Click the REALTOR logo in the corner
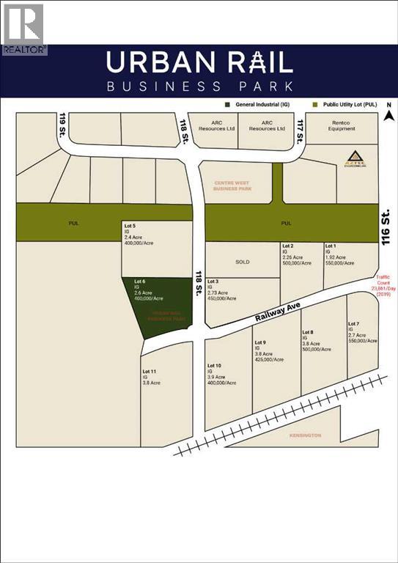tap(23, 28)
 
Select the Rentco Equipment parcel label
tap(342, 125)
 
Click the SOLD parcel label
tap(241, 261)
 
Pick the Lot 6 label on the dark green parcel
tap(140, 281)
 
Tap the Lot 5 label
tap(130, 224)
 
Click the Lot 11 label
tap(149, 372)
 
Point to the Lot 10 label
tap(214, 365)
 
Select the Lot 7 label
tap(353, 324)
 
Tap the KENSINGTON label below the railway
tap(304, 435)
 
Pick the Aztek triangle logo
tap(353, 157)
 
